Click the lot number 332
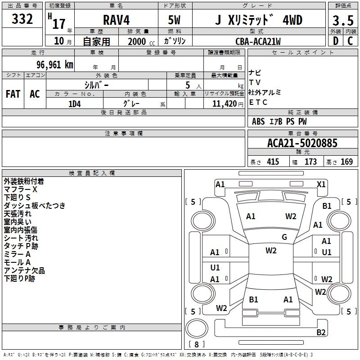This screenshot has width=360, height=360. pyautogui.click(x=22, y=19)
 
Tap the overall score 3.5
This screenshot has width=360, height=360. pyautogui.click(x=342, y=21)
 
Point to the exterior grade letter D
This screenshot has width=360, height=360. pyautogui.click(x=335, y=41)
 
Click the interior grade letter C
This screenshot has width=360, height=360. pyautogui.click(x=350, y=41)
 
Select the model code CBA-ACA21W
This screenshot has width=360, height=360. pyautogui.click(x=258, y=41)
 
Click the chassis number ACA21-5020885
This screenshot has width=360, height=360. pyautogui.click(x=302, y=143)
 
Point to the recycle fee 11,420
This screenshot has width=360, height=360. pyautogui.click(x=224, y=103)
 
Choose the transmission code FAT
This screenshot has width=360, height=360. pyautogui.click(x=13, y=94)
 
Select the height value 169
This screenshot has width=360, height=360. pyautogui.click(x=346, y=162)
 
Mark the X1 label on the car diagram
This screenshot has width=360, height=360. pyautogui.click(x=321, y=184)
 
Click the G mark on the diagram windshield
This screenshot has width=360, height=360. pyautogui.click(x=284, y=237)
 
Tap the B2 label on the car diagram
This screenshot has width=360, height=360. pyautogui.click(x=321, y=333)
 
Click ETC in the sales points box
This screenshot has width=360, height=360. pyautogui.click(x=258, y=102)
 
